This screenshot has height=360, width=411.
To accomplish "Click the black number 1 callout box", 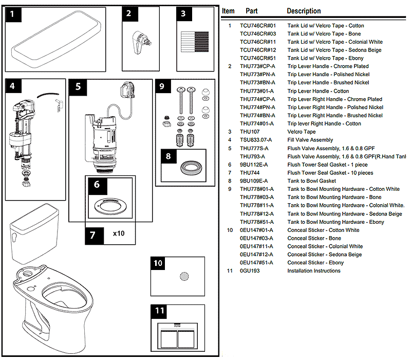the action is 14,15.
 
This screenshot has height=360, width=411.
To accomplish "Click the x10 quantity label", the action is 119,234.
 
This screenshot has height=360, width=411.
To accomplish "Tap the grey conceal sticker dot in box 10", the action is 184,277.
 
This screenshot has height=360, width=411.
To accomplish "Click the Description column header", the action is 304,11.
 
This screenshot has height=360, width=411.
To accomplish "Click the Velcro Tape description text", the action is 302,132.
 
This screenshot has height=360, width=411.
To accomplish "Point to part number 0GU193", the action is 250,271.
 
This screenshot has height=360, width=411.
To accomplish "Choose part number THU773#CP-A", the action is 257,66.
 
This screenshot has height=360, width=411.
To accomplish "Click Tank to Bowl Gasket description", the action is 312,181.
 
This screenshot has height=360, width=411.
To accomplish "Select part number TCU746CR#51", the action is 258,58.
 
